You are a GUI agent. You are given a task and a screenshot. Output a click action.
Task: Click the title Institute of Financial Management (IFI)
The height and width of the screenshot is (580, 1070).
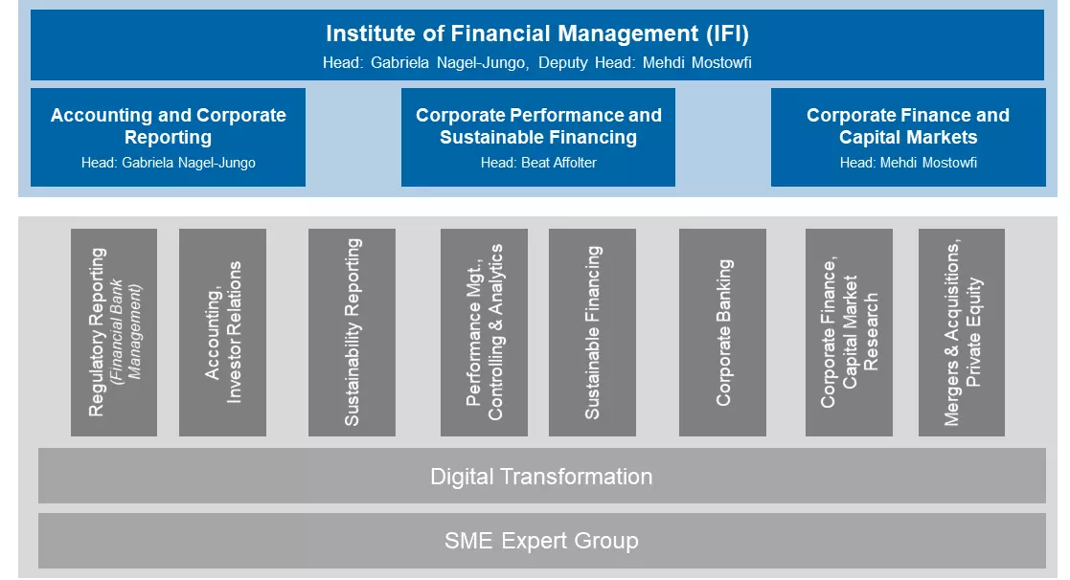click(537, 33)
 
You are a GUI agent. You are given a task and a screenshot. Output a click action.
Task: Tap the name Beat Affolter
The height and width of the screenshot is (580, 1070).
click(558, 163)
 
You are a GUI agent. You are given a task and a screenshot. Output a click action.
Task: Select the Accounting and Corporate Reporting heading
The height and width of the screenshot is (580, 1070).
click(168, 126)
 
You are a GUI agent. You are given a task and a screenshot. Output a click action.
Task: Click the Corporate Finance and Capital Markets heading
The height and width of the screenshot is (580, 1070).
click(907, 126)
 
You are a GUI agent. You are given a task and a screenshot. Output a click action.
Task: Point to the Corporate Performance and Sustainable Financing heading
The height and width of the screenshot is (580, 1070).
click(538, 126)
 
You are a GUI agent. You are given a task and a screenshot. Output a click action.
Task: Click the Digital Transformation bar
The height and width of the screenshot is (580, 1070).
click(542, 476)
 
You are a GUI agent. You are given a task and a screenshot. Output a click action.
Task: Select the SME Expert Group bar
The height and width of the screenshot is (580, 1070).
click(542, 541)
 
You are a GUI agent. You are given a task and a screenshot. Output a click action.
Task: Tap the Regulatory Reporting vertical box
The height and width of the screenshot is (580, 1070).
click(114, 332)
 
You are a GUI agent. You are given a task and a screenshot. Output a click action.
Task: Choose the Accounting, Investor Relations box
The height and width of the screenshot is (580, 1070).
click(222, 332)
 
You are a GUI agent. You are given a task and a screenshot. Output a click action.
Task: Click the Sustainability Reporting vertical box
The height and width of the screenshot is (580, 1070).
click(352, 332)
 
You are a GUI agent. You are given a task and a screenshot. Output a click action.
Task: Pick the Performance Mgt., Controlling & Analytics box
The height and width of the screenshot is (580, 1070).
click(484, 332)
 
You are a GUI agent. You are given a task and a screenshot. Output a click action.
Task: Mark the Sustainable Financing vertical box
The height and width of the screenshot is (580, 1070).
click(592, 332)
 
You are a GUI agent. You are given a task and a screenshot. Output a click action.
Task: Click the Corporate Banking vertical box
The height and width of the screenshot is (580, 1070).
click(722, 332)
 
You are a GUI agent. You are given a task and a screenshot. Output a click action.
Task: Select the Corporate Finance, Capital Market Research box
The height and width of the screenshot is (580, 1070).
click(849, 332)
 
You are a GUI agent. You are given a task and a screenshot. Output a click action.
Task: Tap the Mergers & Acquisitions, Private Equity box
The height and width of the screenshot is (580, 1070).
click(962, 332)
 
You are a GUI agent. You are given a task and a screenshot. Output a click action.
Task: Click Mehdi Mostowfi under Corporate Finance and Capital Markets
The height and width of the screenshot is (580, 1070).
click(928, 163)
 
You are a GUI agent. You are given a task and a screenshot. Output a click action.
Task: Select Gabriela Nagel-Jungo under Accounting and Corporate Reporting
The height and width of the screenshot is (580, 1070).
click(189, 163)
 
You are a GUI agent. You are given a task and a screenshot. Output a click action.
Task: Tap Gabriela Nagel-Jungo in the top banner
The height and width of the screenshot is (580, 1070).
click(447, 63)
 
